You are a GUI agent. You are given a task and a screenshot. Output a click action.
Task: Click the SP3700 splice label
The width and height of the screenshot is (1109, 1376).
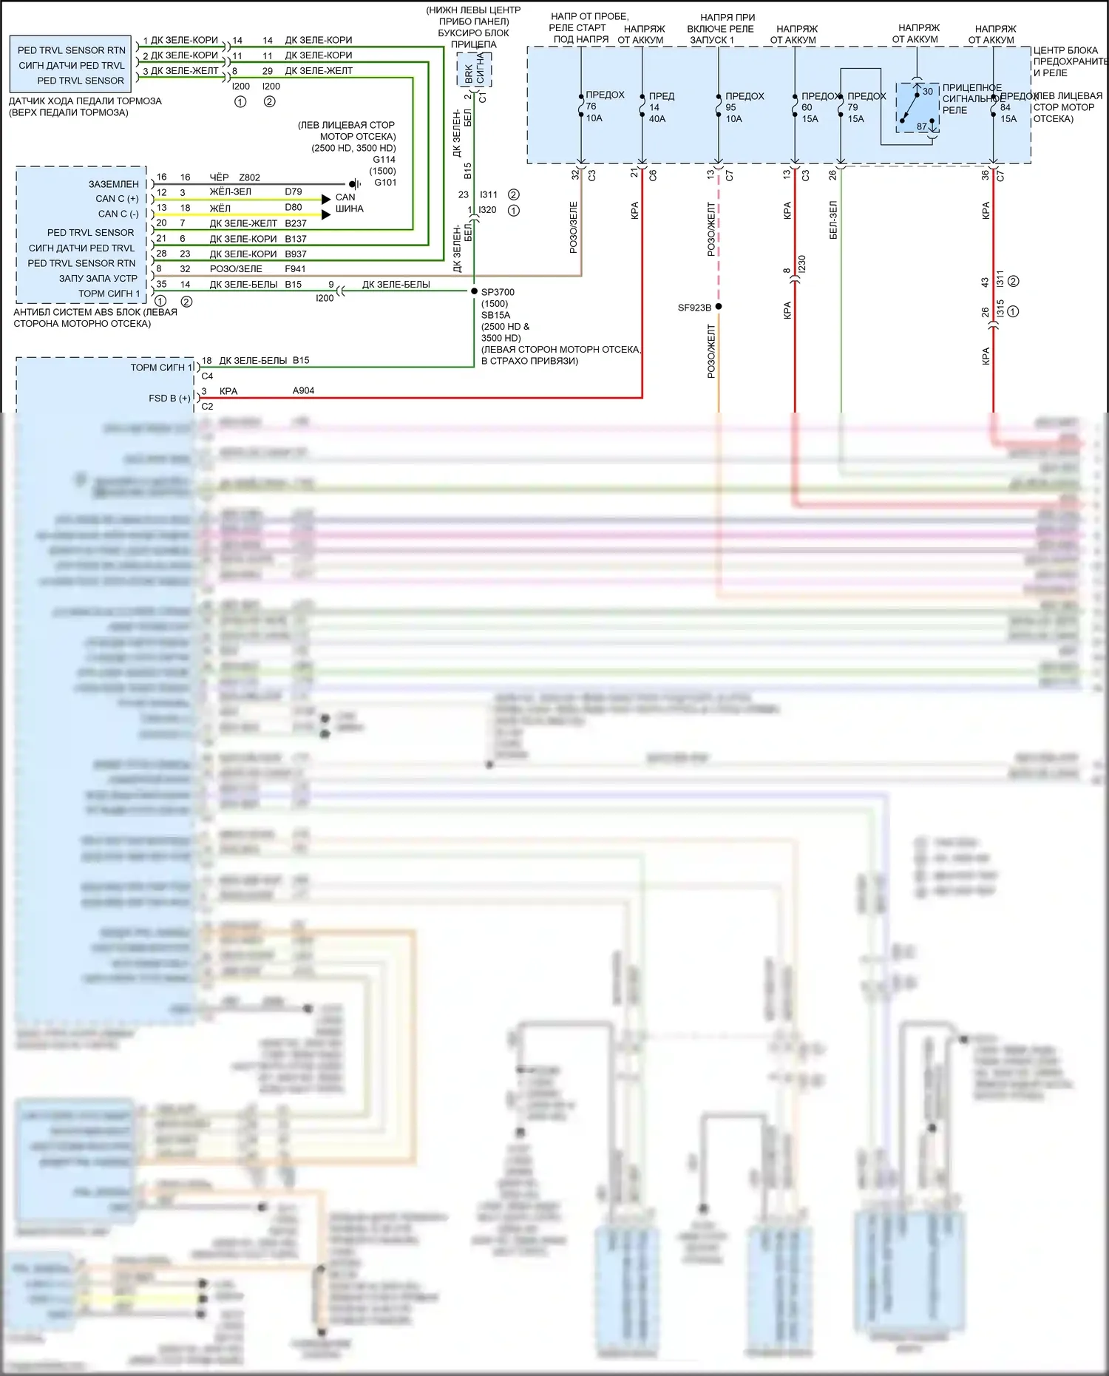point(498,292)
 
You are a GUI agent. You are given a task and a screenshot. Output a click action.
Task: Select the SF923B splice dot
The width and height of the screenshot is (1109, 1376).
point(719,306)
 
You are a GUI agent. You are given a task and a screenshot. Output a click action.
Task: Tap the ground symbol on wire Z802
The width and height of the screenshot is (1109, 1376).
point(356,183)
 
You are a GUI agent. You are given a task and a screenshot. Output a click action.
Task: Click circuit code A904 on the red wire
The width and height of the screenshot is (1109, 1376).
point(303,390)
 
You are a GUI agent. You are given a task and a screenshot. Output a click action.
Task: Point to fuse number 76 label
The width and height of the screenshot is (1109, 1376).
point(591,106)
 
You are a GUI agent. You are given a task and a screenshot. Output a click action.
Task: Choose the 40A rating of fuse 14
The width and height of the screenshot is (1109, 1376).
point(657,119)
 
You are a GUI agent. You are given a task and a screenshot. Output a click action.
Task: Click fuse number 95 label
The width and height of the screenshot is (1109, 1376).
point(730,107)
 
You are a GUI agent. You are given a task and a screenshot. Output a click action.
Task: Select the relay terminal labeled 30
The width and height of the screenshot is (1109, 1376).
point(927,92)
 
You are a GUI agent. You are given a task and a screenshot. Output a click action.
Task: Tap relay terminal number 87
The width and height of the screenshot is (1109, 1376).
point(921,126)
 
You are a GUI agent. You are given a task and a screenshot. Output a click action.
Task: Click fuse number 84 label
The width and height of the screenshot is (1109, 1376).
point(1005,107)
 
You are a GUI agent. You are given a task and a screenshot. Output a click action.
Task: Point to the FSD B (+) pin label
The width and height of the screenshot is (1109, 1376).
point(169,398)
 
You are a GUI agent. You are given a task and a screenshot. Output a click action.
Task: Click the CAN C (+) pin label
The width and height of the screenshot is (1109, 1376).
point(117,199)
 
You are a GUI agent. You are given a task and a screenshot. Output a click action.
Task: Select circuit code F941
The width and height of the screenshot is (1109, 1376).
point(295,269)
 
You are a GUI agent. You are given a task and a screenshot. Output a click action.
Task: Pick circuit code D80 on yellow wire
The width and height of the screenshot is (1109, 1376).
point(294,208)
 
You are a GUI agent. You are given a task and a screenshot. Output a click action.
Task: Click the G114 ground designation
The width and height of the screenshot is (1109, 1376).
point(384,160)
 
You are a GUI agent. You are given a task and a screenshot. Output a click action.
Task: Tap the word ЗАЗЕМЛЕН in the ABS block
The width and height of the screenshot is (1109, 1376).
point(113,184)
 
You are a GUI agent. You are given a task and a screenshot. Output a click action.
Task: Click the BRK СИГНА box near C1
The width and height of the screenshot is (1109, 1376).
point(474,73)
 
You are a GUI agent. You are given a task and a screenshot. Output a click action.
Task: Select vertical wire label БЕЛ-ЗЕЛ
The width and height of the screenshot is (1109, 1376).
point(833,220)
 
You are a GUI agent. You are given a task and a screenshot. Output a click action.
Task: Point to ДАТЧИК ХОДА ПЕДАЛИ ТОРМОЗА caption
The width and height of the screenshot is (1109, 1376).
point(85,101)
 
